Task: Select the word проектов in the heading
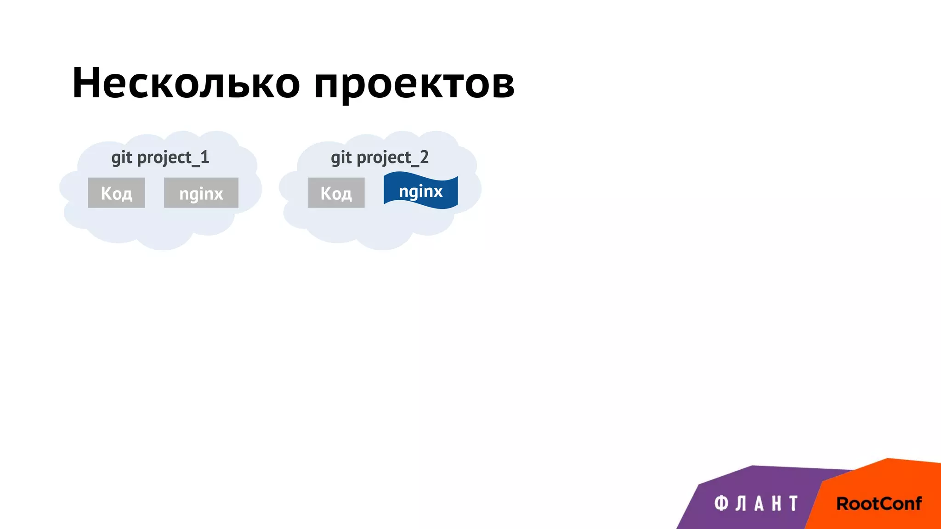pos(414,85)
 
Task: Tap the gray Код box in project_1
pos(117,193)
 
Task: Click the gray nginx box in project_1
pos(201,193)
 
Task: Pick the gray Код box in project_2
pos(336,193)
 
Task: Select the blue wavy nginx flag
pos(421,191)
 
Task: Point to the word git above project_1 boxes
pos(122,158)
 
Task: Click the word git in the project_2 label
pos(341,158)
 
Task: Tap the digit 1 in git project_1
pos(205,157)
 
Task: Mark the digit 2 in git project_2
pos(424,157)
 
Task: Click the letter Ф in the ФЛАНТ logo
pos(721,503)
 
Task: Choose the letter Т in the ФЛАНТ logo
pos(794,503)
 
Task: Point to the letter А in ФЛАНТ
pos(759,503)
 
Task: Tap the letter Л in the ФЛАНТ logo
pos(740,503)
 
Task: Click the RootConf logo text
pos(879,503)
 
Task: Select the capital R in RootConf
pos(843,504)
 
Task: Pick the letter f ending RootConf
pos(917,503)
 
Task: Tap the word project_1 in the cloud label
pos(173,158)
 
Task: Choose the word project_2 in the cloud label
pos(393,158)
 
